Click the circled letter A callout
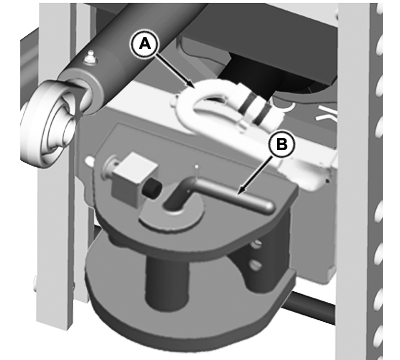(x=144, y=44)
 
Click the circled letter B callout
(x=282, y=145)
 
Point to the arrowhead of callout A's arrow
(x=191, y=85)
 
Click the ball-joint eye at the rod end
(x=50, y=122)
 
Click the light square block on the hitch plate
(x=133, y=177)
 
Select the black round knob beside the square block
(x=152, y=189)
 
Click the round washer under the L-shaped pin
(x=173, y=216)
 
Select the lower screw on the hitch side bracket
(x=255, y=266)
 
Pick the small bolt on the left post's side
(x=34, y=283)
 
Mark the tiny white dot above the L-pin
(x=197, y=166)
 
